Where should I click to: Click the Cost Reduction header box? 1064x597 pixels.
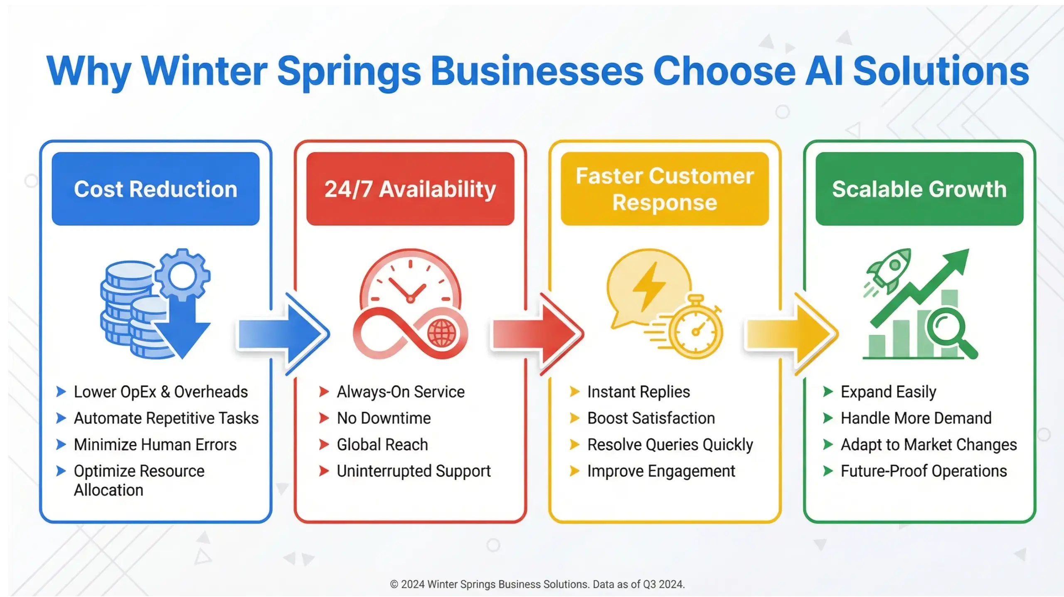pos(155,189)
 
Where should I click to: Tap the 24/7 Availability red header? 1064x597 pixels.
pos(410,189)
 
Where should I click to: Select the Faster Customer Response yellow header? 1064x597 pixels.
pos(664,189)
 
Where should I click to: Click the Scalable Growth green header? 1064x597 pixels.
pos(919,189)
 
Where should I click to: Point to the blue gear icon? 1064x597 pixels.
pos(183,274)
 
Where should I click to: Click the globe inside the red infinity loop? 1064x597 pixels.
pos(441,333)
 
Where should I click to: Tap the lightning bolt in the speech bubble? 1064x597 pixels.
pos(649,286)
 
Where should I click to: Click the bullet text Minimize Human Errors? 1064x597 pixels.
pos(155,445)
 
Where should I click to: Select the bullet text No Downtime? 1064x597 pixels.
pos(384,418)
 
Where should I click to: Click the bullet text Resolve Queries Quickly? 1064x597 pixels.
pos(670,445)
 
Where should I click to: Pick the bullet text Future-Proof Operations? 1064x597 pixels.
pos(924,471)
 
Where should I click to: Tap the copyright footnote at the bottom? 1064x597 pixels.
pos(537,584)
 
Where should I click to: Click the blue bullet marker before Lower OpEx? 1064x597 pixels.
pos(61,392)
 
